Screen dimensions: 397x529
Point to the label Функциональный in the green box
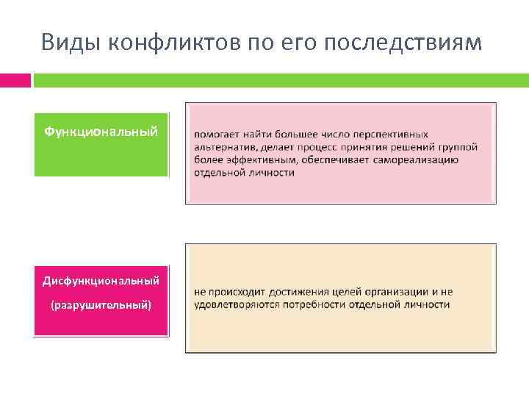coord(101,132)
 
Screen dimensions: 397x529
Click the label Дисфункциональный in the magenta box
coord(101,281)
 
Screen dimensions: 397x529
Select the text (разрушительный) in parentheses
coord(101,304)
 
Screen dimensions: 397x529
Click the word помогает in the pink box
coord(217,135)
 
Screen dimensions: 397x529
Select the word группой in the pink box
coord(459,147)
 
